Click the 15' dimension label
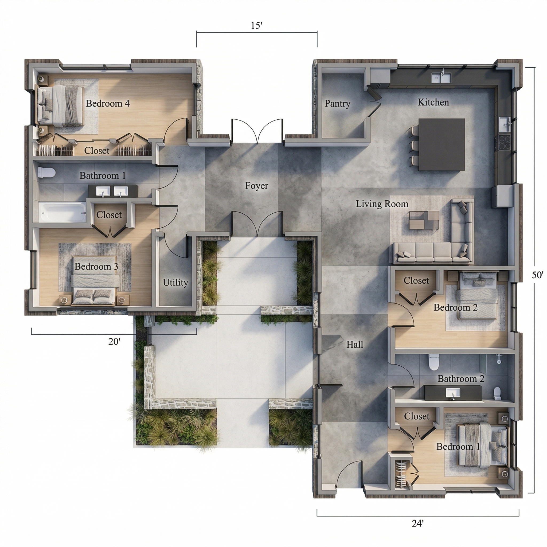(256, 25)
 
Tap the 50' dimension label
(537, 275)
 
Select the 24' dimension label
(418, 523)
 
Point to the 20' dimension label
(114, 342)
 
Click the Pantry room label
(337, 103)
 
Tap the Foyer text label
(256, 186)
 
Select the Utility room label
(175, 282)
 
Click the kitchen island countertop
(441, 144)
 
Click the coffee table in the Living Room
(424, 220)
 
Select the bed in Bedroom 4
(61, 106)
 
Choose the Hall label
(354, 344)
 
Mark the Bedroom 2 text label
(455, 307)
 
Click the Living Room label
(382, 204)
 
